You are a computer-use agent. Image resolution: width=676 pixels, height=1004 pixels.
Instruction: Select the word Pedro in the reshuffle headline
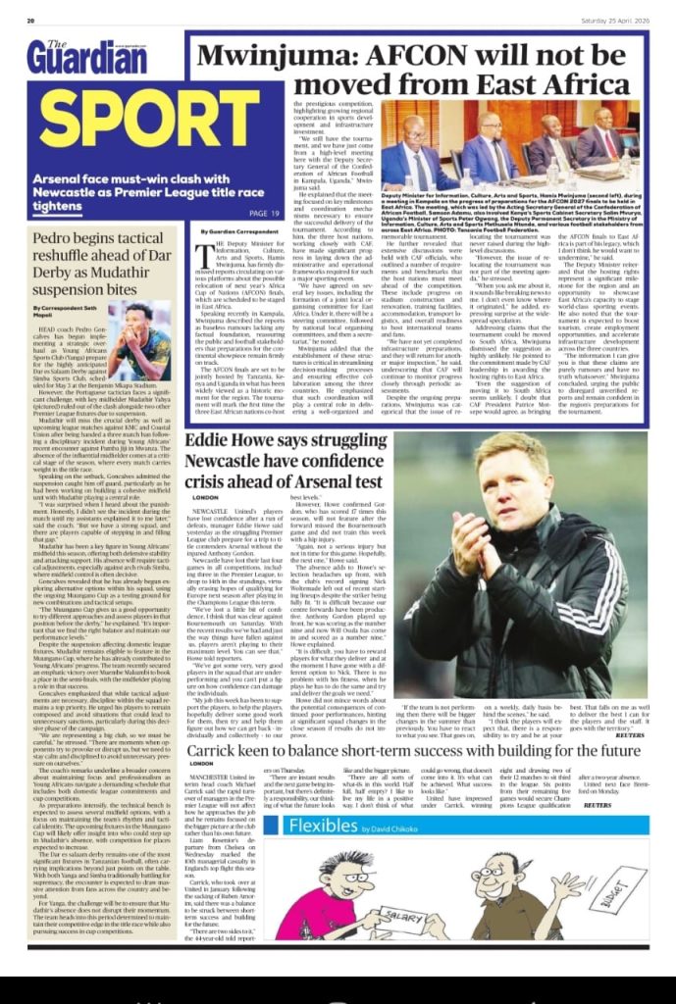(64, 239)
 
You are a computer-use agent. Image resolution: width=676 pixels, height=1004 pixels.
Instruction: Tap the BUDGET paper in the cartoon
(607, 888)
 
